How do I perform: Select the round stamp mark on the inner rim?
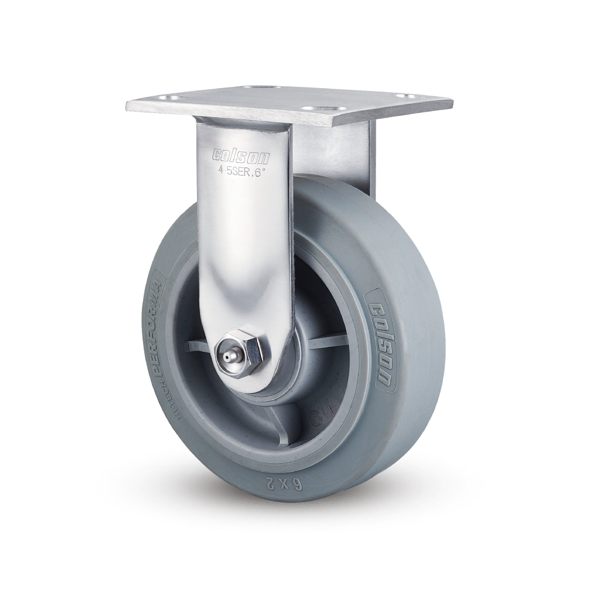[x=315, y=416]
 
